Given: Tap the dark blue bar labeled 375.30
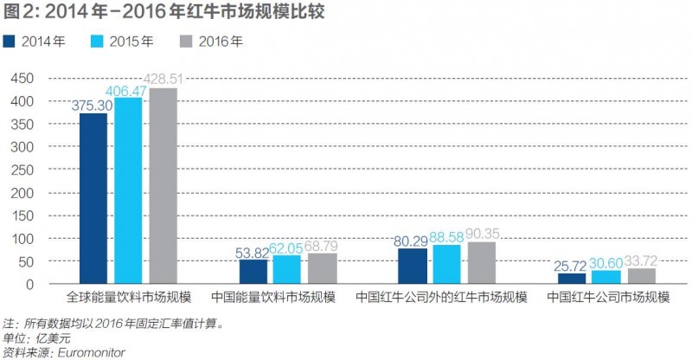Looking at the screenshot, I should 93,198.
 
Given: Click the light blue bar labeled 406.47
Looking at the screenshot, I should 128,190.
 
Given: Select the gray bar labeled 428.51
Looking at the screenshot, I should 163,185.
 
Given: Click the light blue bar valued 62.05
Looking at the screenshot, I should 287,269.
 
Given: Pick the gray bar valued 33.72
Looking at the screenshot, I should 641,276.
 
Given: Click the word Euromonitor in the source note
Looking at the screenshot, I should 90,352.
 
